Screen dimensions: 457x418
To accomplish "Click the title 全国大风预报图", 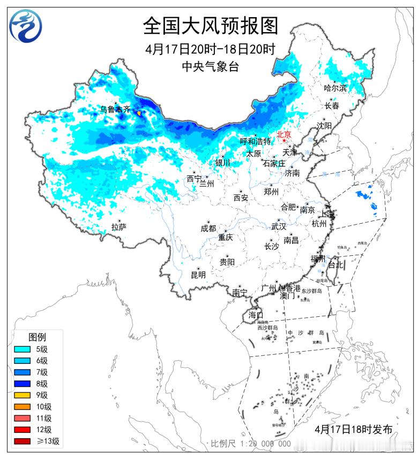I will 211,25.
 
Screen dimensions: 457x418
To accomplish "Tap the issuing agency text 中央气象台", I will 211,67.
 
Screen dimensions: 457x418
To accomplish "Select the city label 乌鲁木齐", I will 115,109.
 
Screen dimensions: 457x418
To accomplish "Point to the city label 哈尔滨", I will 335,88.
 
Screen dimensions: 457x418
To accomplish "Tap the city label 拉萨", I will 119,227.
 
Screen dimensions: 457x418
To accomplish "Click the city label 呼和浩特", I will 255,141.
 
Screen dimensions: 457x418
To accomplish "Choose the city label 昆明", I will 198,275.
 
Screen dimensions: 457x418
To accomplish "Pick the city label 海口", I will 256,315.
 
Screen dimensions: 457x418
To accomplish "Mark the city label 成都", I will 208,229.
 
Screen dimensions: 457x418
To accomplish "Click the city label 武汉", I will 279,226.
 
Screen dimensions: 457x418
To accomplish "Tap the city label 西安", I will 241,198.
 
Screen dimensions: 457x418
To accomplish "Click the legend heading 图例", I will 37,337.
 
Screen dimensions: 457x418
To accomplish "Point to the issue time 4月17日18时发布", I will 354,429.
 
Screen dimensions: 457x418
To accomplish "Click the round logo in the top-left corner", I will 26,26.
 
